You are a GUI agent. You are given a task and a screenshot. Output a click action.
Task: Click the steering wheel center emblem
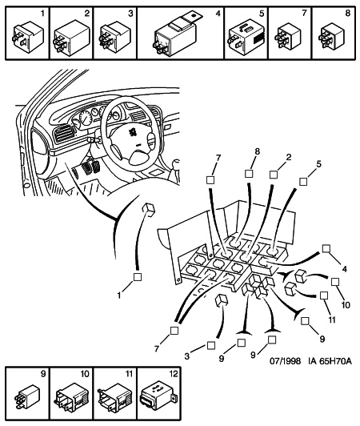coord(133,132)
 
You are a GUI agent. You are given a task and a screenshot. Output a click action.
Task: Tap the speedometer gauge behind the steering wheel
coord(86,119)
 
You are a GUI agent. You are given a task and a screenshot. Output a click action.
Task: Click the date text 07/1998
coord(285,361)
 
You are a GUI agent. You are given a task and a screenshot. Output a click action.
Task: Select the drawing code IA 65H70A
coord(330,361)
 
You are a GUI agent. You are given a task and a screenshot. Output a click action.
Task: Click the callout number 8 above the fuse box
coord(257,151)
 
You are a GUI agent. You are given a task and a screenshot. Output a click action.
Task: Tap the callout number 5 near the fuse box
coord(318,164)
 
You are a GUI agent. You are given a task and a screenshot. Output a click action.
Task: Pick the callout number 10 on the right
coord(346,305)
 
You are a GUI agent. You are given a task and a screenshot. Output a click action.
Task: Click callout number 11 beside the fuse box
coord(332,319)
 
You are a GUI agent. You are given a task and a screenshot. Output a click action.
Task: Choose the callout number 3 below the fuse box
coord(186,356)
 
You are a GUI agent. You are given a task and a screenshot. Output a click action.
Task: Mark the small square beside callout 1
coord(138,277)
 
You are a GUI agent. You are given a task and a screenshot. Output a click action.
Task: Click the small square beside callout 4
coord(326,248)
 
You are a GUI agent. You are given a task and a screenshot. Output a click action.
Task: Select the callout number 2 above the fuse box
coord(289,157)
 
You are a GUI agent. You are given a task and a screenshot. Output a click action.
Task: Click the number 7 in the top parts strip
coord(304,13)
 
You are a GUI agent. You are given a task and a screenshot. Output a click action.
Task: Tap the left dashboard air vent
coord(64,133)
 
